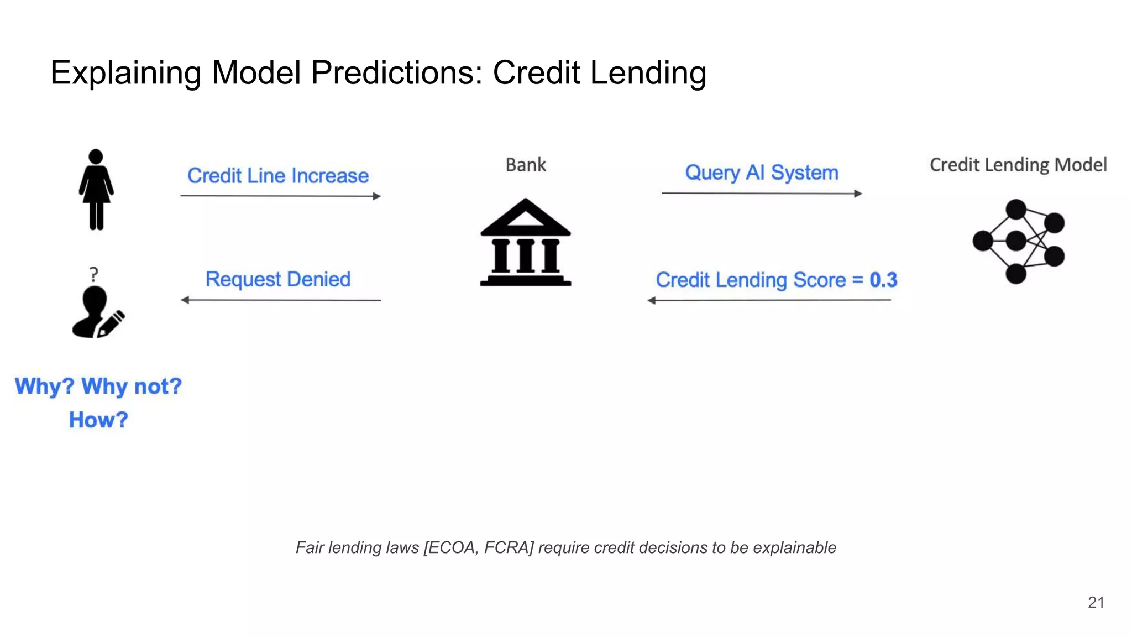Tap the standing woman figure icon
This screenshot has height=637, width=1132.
pyautogui.click(x=96, y=190)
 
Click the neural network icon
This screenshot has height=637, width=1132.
pyautogui.click(x=1018, y=241)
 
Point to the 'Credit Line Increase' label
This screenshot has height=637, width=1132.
pyautogui.click(x=278, y=176)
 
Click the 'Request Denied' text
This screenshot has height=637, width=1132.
pyautogui.click(x=278, y=279)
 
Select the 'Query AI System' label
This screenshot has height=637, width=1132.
pyautogui.click(x=762, y=173)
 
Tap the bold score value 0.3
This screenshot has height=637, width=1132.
pyautogui.click(x=883, y=280)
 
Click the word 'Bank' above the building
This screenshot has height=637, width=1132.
pyautogui.click(x=526, y=165)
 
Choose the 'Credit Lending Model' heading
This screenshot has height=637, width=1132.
pyautogui.click(x=1018, y=165)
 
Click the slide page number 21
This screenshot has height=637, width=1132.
pyautogui.click(x=1096, y=602)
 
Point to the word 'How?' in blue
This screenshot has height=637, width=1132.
pyautogui.click(x=98, y=420)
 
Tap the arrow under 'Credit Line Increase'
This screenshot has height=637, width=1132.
pyautogui.click(x=280, y=196)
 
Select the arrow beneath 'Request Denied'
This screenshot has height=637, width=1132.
pyautogui.click(x=281, y=300)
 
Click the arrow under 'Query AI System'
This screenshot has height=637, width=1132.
pyautogui.click(x=762, y=194)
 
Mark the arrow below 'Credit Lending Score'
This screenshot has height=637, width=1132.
pyautogui.click(x=769, y=300)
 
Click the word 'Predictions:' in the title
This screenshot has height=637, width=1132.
pyautogui.click(x=397, y=72)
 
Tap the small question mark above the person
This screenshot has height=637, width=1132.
pyautogui.click(x=94, y=274)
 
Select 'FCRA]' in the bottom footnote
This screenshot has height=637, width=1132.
pyautogui.click(x=509, y=547)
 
